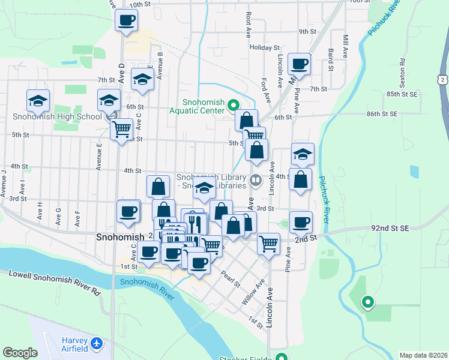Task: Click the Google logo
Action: pyautogui.click(x=20, y=353)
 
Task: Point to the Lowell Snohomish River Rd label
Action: pyautogui.click(x=53, y=283)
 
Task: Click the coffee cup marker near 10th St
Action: pyautogui.click(x=127, y=21)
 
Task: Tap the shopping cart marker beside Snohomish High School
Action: pyautogui.click(x=121, y=128)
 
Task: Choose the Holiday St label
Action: pyautogui.click(x=265, y=47)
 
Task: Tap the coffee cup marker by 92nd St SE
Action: pyautogui.click(x=301, y=223)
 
